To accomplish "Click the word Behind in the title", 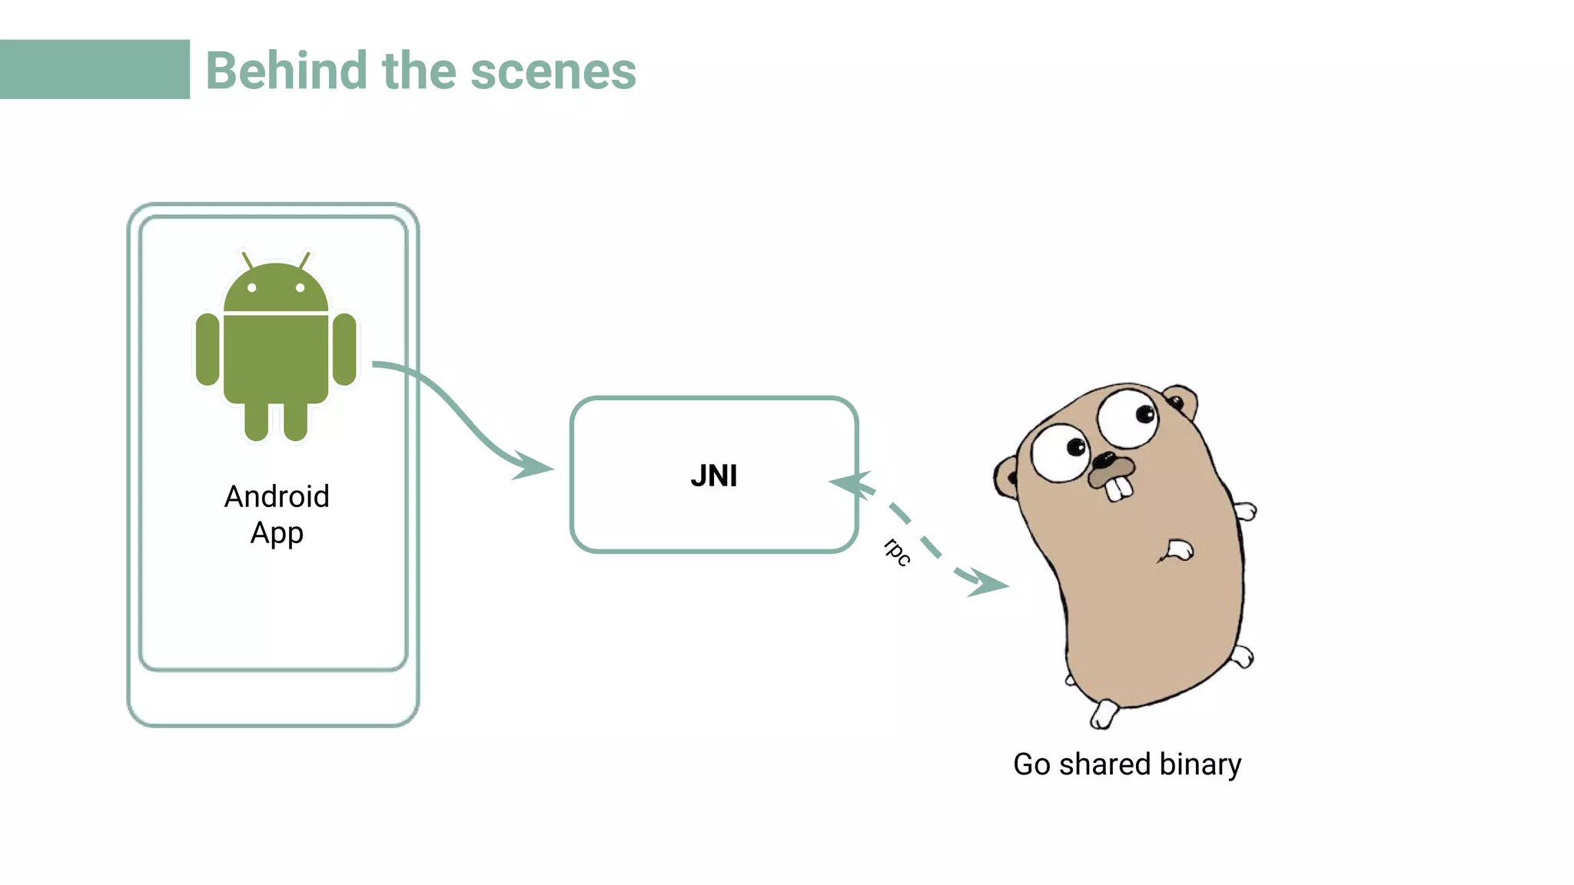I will [287, 71].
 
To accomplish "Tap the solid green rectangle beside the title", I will [95, 69].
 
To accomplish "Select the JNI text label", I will [713, 476].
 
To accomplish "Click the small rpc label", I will [897, 552].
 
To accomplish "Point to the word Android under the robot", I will [277, 497].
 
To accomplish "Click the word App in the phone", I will [277, 533].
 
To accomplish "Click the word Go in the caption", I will [1031, 764].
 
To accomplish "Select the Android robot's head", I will [276, 289].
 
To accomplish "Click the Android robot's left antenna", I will [247, 260].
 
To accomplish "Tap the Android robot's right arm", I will [344, 349].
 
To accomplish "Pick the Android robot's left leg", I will [257, 421].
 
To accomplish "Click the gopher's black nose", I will [1104, 460].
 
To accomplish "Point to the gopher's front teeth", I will [1118, 489].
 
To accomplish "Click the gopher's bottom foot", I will [1104, 714].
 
